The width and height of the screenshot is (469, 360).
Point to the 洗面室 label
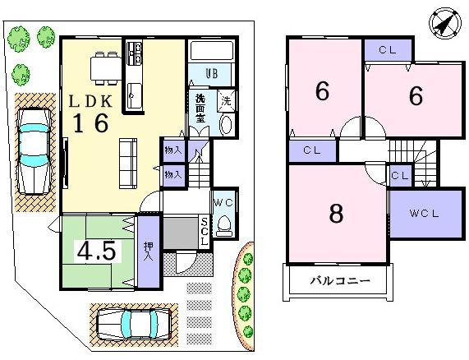[200, 109]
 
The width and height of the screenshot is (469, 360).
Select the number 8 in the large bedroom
[335, 213]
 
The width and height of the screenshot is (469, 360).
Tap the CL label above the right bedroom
[389, 48]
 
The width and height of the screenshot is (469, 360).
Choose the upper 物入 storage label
[172, 150]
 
